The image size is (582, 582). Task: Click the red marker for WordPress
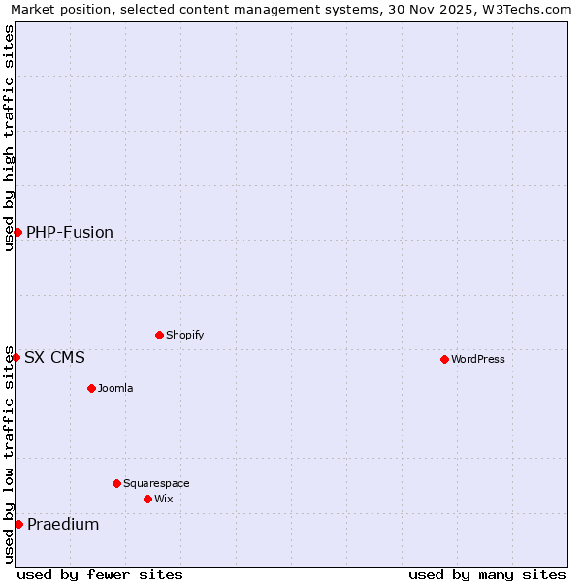click(444, 359)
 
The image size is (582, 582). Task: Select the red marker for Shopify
click(159, 335)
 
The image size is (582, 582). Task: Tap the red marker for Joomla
click(91, 388)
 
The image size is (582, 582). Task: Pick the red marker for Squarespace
click(116, 483)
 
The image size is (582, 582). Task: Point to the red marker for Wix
click(147, 499)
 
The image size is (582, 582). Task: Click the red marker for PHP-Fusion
click(17, 232)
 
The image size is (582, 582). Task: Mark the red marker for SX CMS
click(16, 357)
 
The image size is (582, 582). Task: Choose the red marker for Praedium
click(18, 524)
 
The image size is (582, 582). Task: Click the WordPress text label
click(478, 359)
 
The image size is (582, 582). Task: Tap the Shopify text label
click(184, 335)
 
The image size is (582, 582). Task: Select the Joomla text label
click(115, 388)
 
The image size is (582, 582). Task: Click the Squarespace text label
click(156, 483)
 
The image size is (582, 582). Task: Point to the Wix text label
click(163, 499)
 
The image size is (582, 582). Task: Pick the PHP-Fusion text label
click(70, 232)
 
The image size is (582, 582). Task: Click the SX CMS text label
click(54, 357)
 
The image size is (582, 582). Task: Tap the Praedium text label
click(63, 524)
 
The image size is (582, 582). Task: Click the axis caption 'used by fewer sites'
click(100, 574)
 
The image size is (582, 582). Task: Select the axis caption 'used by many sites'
click(487, 574)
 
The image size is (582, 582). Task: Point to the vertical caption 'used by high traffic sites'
click(10, 138)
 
